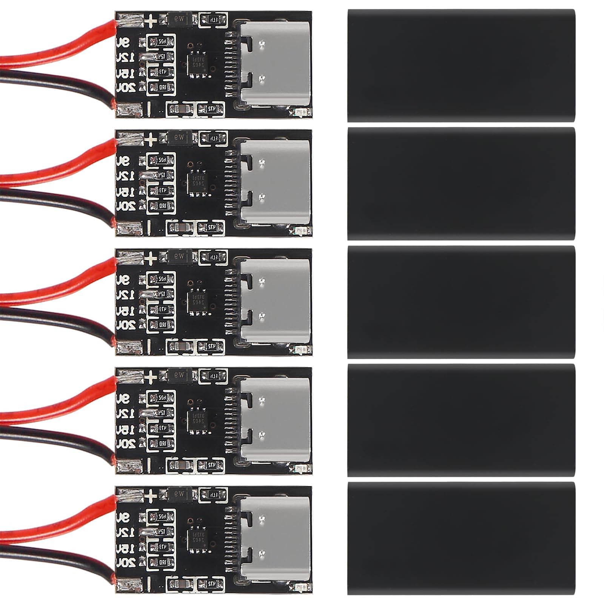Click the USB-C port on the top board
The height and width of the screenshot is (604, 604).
coord(275,63)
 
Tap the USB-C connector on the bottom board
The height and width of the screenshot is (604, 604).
coord(275,538)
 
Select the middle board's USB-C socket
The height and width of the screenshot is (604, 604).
coord(275,301)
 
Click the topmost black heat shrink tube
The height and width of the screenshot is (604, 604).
coord(461,65)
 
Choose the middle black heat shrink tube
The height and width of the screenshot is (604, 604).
coord(461,302)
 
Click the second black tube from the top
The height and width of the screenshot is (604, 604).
coord(461,183)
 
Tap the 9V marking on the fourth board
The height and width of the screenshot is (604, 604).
coord(124,398)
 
